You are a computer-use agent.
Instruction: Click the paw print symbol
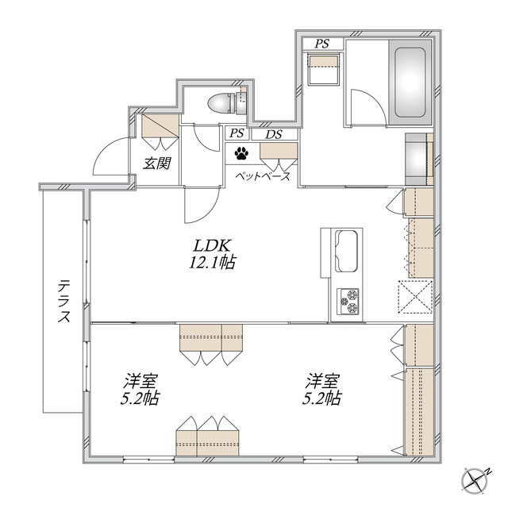click(x=241, y=152)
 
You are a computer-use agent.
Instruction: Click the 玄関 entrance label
click(x=155, y=164)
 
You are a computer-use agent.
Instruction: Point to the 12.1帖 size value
click(x=212, y=263)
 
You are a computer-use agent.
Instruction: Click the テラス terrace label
click(x=63, y=302)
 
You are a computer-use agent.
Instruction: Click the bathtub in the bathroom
click(x=410, y=83)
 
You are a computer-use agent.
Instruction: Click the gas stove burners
click(x=349, y=300)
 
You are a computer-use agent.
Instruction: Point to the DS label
click(x=273, y=134)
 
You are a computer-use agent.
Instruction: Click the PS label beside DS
click(x=237, y=134)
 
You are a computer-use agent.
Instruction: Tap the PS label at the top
click(x=321, y=43)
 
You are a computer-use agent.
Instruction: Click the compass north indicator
click(x=475, y=479)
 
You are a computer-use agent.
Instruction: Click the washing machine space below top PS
click(x=323, y=70)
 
